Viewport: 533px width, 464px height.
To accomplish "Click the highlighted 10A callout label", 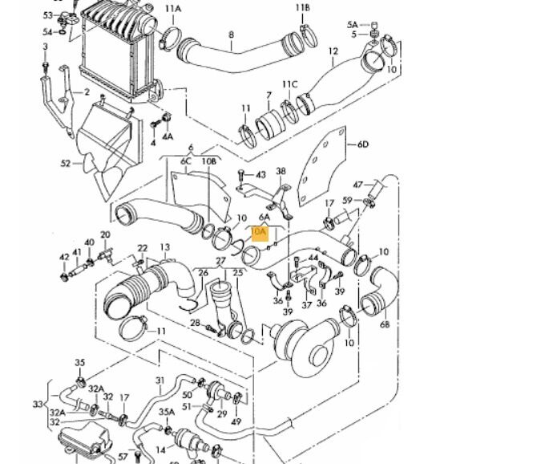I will click(x=258, y=234).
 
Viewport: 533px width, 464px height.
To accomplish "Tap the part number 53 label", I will click(x=47, y=15).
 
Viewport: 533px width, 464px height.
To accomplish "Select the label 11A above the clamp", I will click(x=173, y=9).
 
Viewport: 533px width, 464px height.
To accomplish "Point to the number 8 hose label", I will click(x=232, y=35).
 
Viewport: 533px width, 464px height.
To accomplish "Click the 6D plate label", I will click(x=363, y=144).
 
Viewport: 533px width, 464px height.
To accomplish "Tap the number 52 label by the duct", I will click(x=66, y=164).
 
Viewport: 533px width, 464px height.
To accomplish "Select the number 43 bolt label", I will click(x=260, y=174).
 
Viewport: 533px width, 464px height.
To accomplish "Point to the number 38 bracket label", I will click(x=281, y=171).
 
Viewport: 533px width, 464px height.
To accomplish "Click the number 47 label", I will click(x=358, y=185).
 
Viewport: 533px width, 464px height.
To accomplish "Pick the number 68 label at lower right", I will click(x=385, y=325).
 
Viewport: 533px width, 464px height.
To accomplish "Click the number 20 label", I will click(x=105, y=235).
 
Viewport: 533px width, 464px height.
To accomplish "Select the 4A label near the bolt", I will click(x=167, y=137).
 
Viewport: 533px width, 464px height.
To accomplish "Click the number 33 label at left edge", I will click(x=37, y=404).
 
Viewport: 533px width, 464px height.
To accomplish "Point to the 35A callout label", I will click(x=166, y=412).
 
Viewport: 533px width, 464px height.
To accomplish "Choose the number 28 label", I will click(x=195, y=323).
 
